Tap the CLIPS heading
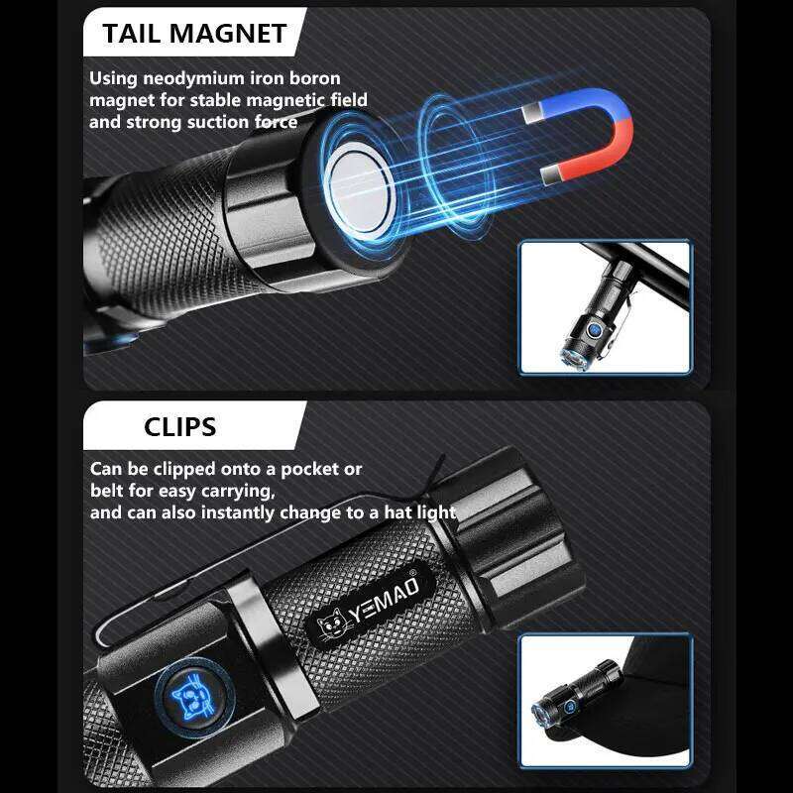coord(179,427)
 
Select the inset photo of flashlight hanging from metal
coord(605,307)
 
